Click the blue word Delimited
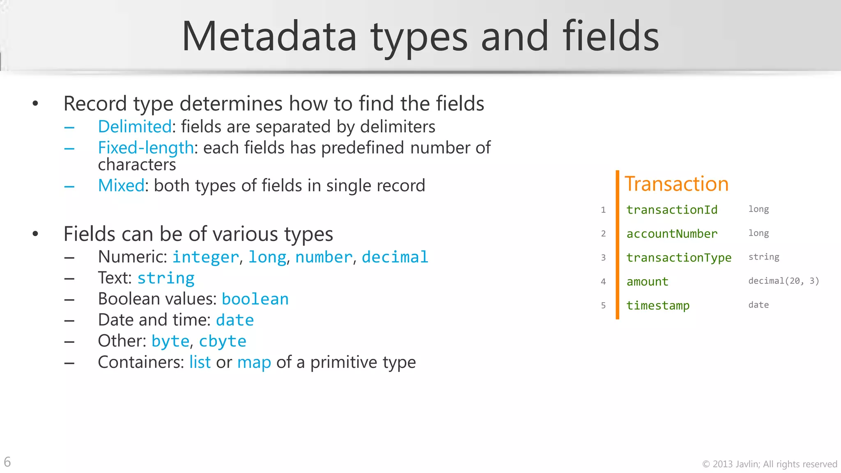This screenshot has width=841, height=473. (135, 126)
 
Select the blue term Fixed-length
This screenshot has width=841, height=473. (146, 148)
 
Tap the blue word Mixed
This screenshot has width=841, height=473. (121, 186)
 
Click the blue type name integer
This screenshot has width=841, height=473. (205, 257)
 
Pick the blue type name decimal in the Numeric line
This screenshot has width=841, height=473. (395, 257)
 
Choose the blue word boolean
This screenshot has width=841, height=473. (255, 299)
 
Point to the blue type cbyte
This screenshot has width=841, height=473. (223, 342)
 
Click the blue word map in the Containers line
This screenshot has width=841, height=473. (254, 363)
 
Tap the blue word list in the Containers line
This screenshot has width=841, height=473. (200, 363)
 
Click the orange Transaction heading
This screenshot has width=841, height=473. (676, 184)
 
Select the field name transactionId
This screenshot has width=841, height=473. (672, 210)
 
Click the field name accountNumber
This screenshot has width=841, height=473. (672, 234)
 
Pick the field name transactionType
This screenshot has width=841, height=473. (679, 257)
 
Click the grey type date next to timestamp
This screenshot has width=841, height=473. (758, 305)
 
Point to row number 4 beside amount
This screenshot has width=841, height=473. (603, 282)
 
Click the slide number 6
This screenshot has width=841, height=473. (7, 462)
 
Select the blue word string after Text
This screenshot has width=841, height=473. (166, 278)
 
